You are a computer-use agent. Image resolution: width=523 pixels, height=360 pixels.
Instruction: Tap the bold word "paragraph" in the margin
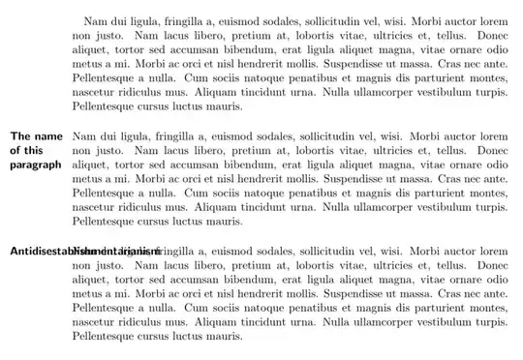[36, 165]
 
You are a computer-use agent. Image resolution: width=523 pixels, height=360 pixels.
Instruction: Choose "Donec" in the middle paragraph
[493, 151]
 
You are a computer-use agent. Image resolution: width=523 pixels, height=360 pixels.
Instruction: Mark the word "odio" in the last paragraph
[494, 279]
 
